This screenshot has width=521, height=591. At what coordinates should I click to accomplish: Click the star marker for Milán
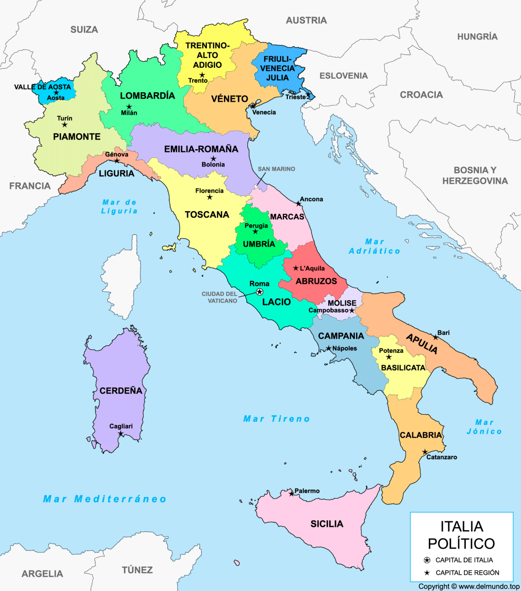click(129, 107)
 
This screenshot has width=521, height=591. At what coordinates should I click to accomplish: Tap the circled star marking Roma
click(260, 292)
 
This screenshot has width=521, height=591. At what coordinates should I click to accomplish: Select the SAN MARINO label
click(276, 169)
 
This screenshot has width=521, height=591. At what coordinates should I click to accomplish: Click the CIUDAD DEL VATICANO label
click(219, 297)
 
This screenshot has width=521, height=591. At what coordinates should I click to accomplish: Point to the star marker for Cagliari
click(121, 434)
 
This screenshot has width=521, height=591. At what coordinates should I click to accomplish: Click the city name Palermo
click(307, 491)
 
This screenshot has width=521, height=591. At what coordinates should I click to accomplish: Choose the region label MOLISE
click(342, 303)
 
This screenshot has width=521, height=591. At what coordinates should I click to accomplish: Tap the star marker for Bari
click(435, 337)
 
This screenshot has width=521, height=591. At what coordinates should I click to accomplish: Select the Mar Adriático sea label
click(375, 246)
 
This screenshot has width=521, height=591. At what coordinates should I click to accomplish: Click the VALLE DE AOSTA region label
click(42, 87)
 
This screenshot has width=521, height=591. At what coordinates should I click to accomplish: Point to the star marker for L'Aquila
click(296, 268)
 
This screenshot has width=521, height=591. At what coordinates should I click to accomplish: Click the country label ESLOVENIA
click(343, 76)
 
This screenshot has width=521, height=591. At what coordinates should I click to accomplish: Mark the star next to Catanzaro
click(425, 452)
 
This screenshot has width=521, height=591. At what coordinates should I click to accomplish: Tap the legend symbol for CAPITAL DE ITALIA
click(427, 560)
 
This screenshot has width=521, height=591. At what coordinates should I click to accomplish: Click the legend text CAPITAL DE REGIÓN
click(467, 573)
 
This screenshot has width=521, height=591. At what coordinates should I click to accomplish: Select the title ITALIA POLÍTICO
click(461, 535)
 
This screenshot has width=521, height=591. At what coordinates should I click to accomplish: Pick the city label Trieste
click(295, 97)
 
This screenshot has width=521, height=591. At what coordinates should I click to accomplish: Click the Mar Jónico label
click(484, 427)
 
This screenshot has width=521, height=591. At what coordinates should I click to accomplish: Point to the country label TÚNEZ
click(137, 570)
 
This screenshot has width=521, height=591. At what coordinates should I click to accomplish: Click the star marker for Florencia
click(210, 197)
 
